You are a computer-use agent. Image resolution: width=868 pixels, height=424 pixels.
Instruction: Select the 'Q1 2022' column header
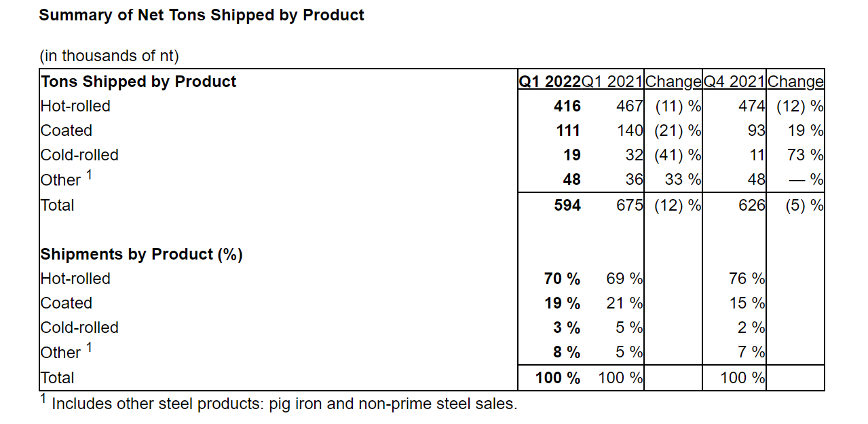(x=550, y=82)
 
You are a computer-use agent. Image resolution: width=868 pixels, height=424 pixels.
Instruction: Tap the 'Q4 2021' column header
(x=734, y=82)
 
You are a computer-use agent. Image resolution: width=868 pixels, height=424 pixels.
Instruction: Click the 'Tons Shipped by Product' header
(x=138, y=82)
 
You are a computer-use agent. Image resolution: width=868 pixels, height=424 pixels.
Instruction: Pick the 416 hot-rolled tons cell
(x=567, y=106)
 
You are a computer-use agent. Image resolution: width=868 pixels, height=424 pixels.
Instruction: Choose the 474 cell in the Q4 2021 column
(x=751, y=106)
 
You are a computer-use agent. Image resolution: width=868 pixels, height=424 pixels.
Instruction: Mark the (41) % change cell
(x=677, y=155)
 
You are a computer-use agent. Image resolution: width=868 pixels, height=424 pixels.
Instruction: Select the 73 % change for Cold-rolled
(x=805, y=155)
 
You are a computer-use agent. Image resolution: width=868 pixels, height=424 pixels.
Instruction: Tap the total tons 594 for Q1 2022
(x=567, y=205)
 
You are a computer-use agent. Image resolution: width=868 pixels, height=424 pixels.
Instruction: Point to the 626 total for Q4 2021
(x=751, y=205)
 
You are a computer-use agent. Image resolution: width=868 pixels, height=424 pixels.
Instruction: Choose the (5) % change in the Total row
(x=804, y=205)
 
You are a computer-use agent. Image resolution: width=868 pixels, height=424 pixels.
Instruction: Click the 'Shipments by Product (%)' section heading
(x=141, y=254)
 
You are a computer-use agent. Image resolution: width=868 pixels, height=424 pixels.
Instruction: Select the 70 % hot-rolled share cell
(x=562, y=279)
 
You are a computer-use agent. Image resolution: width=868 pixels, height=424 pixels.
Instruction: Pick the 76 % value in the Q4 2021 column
(x=747, y=279)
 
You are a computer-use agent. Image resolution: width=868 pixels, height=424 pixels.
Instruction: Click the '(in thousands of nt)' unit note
(x=109, y=56)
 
